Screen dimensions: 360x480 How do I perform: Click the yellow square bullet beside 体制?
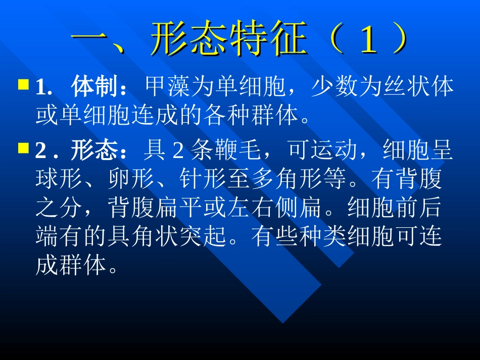pos(23,83)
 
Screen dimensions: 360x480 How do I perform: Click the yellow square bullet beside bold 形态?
pos(23,148)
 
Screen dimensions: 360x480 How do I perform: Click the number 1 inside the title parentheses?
pos(366,39)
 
